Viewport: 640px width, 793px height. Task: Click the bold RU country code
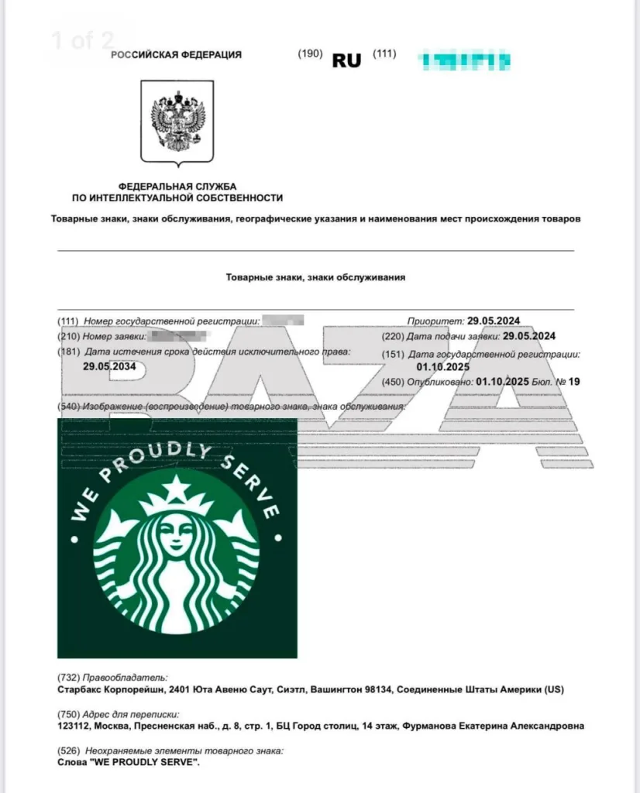pos(346,60)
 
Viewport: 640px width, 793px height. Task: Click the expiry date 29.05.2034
pos(109,367)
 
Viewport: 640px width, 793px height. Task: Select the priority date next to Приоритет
pos(494,321)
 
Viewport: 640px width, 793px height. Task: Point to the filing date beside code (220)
pos(529,336)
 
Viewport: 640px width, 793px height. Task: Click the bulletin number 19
pos(574,382)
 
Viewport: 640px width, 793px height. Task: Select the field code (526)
pos(69,751)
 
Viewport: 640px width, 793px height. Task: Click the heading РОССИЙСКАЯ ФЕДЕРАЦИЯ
pos(176,55)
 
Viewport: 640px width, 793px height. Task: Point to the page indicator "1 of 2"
pos(82,40)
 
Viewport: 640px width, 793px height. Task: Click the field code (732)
pos(69,677)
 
